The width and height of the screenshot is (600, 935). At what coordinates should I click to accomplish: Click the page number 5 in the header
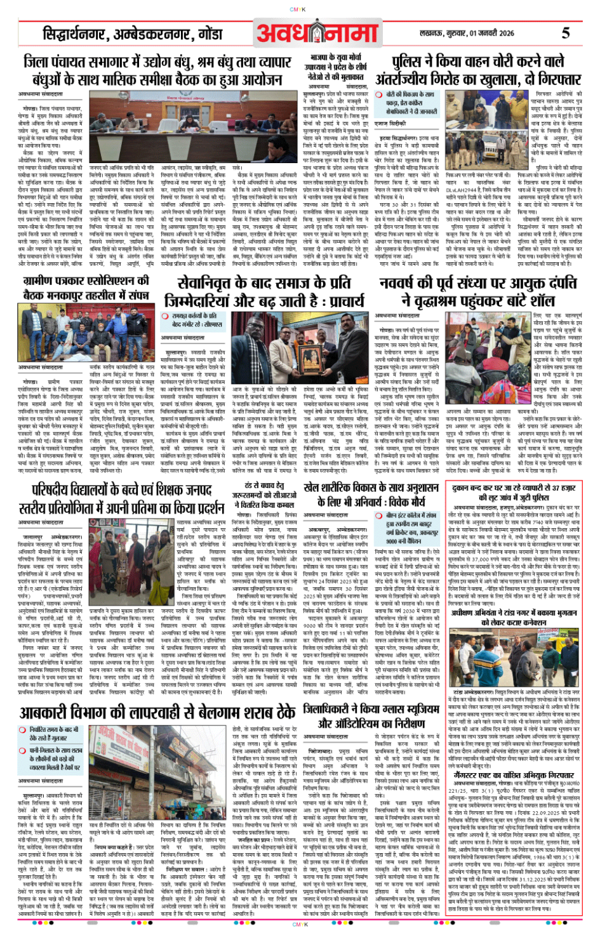coord(565,32)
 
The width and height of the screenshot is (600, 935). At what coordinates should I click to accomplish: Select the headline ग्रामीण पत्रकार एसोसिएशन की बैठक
coord(86,288)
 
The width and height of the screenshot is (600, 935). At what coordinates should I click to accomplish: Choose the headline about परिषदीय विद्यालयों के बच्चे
coord(121,501)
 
